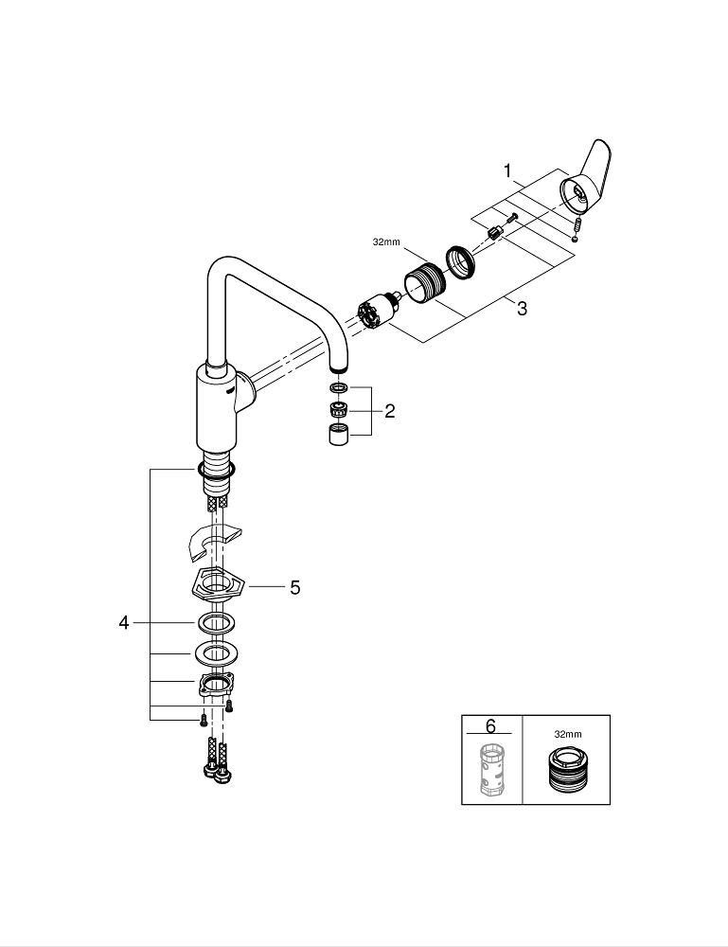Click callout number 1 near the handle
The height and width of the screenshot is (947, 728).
507,171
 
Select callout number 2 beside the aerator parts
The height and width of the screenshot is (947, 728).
389,411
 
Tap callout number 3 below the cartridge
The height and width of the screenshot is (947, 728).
522,309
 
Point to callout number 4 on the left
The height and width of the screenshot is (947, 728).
124,622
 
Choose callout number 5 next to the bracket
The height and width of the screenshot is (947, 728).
295,587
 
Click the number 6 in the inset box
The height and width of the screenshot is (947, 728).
489,726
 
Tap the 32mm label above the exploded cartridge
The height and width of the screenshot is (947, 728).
385,241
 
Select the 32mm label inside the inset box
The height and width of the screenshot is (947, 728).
567,733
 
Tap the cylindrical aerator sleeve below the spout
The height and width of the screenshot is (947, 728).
340,437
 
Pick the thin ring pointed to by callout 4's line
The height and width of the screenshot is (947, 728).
217,622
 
